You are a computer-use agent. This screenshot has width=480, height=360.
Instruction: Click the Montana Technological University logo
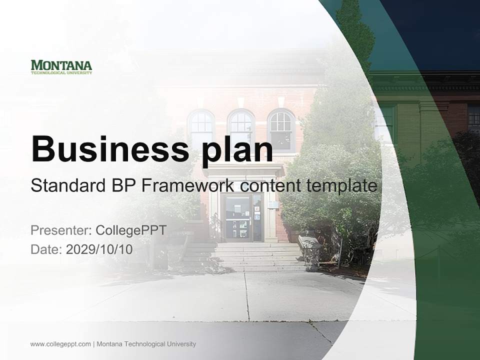click(61, 67)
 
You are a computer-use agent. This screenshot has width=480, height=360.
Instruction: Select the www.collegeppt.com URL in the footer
click(60, 344)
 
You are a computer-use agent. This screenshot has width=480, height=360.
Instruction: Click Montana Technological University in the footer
click(146, 344)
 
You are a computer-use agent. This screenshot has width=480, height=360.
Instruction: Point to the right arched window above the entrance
click(280, 129)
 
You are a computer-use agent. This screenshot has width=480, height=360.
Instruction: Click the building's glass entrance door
click(238, 218)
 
